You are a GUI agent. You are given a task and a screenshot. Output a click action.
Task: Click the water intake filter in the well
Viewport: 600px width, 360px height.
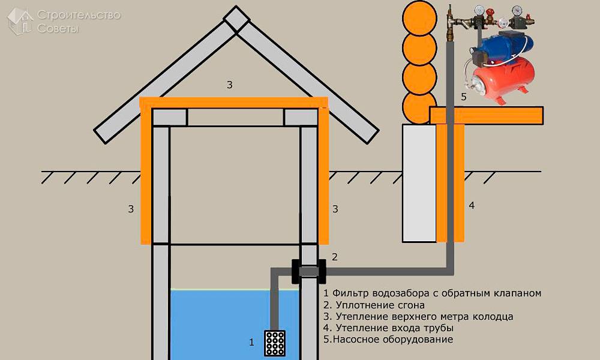[x=275, y=343]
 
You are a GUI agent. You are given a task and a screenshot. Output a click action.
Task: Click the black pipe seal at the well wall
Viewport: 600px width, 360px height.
[x=309, y=271]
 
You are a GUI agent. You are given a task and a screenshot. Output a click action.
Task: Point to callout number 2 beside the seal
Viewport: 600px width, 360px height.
[x=334, y=257]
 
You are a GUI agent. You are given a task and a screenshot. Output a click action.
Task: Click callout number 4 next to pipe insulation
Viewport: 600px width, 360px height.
[x=472, y=205]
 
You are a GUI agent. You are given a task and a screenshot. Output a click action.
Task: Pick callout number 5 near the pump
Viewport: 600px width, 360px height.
[x=464, y=97]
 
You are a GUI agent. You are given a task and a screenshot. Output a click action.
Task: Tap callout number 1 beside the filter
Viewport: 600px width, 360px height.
[x=251, y=342]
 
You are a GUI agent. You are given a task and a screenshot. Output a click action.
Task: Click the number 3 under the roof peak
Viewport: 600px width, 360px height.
[x=230, y=85]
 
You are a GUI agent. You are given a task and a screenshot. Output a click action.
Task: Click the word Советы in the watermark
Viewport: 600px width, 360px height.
[x=58, y=28]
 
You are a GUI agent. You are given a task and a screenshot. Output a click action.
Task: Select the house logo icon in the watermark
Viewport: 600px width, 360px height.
[x=20, y=21]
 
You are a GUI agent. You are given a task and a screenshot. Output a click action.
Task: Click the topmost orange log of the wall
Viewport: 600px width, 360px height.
[x=419, y=18]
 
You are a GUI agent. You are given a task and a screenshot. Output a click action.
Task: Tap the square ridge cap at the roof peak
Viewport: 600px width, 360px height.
[x=236, y=19]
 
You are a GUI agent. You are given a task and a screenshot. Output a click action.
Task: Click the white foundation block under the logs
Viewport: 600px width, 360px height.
[x=419, y=183]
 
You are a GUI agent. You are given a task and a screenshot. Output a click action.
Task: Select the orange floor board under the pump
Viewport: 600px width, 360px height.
[x=486, y=115]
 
